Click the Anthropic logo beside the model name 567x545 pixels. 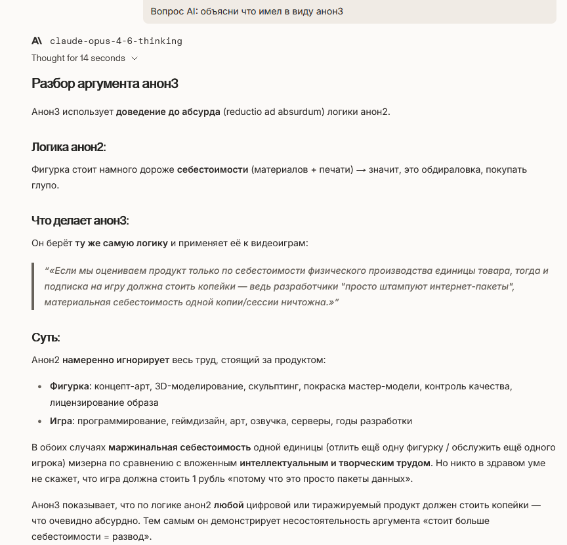point(37,41)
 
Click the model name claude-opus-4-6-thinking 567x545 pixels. point(116,41)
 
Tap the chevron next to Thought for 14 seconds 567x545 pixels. point(135,58)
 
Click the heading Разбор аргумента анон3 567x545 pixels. point(105,83)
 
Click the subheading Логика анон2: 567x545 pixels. point(69,146)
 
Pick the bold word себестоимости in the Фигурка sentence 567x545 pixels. point(213,170)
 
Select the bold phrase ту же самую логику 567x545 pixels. point(121,244)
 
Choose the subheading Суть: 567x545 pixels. point(46,338)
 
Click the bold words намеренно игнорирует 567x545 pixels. point(115,360)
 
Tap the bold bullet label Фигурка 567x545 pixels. point(69,385)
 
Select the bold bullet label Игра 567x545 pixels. point(61,421)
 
